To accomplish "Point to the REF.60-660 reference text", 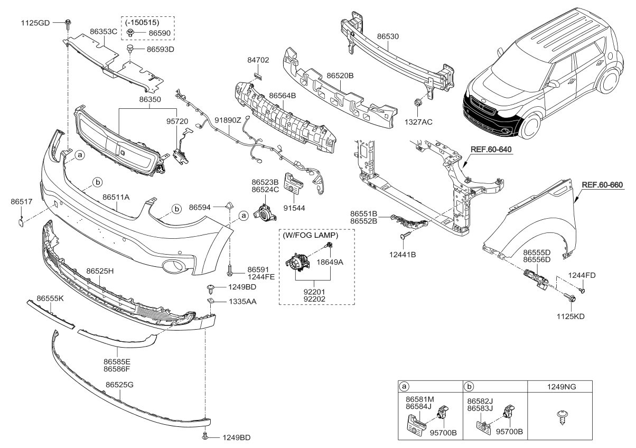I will [x=603, y=185].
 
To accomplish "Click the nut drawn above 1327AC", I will [x=417, y=102].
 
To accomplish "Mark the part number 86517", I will [x=21, y=201].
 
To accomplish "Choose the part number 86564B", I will [x=282, y=96].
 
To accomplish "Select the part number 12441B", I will [x=403, y=255].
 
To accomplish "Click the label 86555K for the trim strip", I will [x=50, y=298].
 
